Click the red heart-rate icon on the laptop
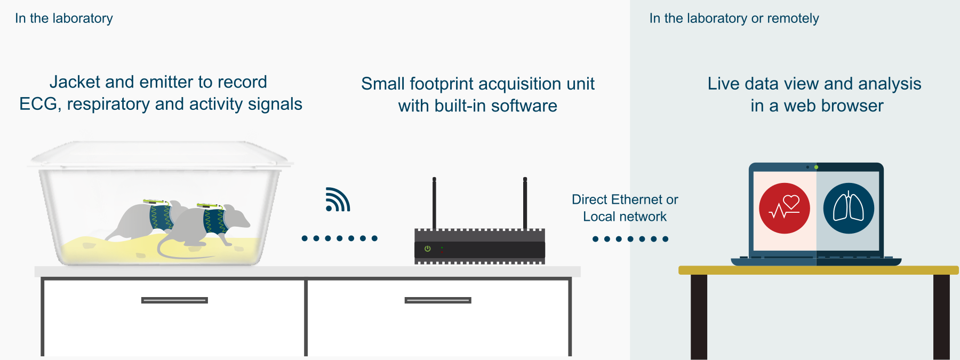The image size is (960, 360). pyautogui.click(x=784, y=209)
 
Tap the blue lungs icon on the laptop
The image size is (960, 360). pyautogui.click(x=849, y=209)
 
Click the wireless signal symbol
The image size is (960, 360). pyautogui.click(x=337, y=200)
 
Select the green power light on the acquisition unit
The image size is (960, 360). pyautogui.click(x=427, y=249)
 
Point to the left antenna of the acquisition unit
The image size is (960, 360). pyautogui.click(x=434, y=203)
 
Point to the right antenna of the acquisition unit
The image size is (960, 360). pyautogui.click(x=525, y=203)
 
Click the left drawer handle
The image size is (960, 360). pyautogui.click(x=174, y=300)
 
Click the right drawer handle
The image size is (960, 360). pyautogui.click(x=438, y=300)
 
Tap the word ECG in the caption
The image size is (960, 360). pyautogui.click(x=38, y=104)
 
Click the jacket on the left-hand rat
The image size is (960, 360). pyautogui.click(x=160, y=216)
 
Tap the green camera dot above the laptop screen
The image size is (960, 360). pyautogui.click(x=816, y=167)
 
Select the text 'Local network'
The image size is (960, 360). pyautogui.click(x=625, y=217)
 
